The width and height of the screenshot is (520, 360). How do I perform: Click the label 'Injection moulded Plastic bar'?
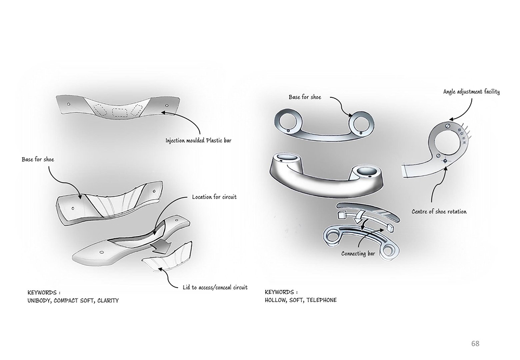tap(198, 140)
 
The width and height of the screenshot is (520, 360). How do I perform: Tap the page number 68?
tap(475, 343)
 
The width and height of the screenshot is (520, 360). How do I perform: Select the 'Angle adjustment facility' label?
tap(471, 92)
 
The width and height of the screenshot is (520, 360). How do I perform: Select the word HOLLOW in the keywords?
tap(277, 300)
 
